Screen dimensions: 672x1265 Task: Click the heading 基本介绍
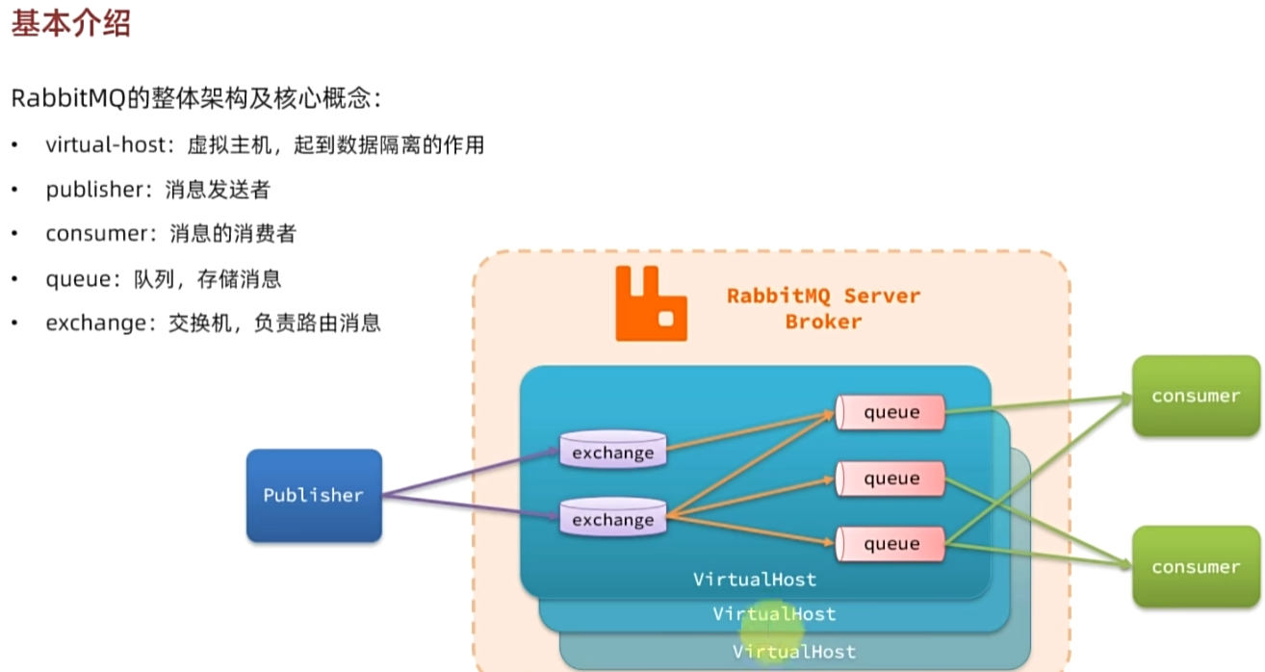(70, 24)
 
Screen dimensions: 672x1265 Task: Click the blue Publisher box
(314, 495)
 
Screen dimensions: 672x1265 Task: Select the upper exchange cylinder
(612, 452)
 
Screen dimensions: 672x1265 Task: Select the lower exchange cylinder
(612, 519)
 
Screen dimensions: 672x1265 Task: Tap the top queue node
(891, 412)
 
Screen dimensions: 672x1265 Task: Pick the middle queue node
(891, 478)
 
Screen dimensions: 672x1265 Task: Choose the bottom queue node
(891, 543)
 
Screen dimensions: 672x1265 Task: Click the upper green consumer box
(1196, 396)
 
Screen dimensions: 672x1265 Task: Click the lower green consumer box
(1196, 566)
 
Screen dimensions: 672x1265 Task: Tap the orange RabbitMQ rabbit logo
(651, 302)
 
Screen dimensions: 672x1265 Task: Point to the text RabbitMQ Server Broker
(823, 308)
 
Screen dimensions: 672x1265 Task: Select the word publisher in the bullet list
(93, 190)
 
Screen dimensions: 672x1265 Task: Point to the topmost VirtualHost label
(755, 580)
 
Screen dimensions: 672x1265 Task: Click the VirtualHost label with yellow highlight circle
(774, 613)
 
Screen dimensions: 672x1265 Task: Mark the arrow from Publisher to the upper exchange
(472, 472)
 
